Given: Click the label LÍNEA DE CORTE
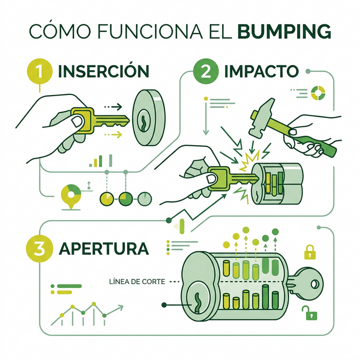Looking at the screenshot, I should (138, 281).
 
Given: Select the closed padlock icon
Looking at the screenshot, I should (310, 251).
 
